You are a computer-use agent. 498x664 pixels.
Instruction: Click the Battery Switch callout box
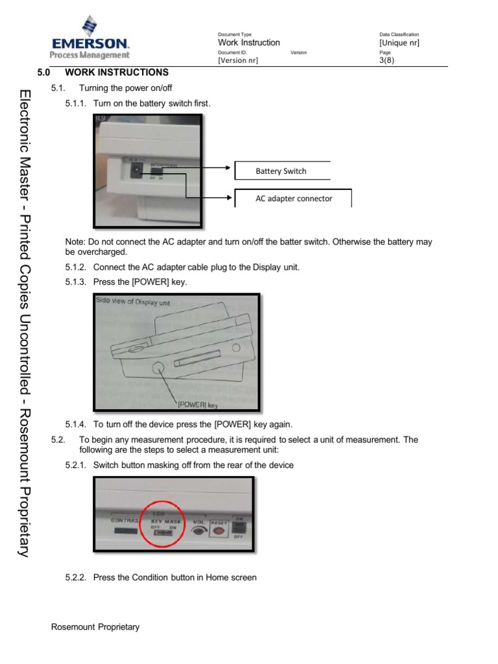click(x=281, y=171)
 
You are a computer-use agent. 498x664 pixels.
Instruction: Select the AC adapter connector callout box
click(x=293, y=198)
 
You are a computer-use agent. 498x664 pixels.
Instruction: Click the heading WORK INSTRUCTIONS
click(x=116, y=73)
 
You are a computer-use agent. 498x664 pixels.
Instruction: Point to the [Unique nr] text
click(x=399, y=43)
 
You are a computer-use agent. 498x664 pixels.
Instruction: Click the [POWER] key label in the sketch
click(x=197, y=405)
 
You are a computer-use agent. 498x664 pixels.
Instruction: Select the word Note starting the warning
click(x=75, y=242)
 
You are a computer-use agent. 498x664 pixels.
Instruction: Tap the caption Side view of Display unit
click(x=136, y=302)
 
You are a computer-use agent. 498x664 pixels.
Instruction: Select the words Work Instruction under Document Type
click(x=249, y=43)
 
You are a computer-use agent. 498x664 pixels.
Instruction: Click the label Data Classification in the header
click(x=399, y=34)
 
